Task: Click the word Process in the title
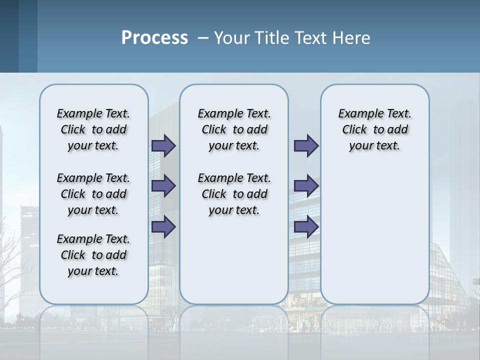154,38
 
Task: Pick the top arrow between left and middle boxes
163,145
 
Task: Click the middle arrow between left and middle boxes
163,186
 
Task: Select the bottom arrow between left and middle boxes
163,227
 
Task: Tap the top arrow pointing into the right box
306,145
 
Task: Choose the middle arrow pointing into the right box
306,186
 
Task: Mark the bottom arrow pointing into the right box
306,227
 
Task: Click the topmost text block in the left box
93,129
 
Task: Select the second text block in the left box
93,194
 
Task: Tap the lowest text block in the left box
93,255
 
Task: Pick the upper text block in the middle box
234,129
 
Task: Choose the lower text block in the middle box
234,194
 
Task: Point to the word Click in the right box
354,130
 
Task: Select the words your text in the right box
374,146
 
